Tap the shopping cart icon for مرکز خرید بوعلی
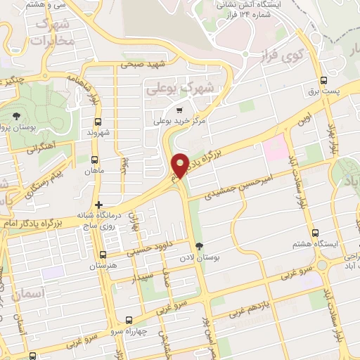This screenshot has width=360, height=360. pyautogui.click(x=179, y=110)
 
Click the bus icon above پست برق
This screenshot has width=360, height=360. pyautogui.click(x=323, y=80)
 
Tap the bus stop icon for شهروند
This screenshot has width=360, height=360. pyautogui.click(x=97, y=121)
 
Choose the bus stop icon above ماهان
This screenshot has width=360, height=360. pyautogui.click(x=95, y=159)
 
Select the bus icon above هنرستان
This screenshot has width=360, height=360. pyautogui.click(x=103, y=255)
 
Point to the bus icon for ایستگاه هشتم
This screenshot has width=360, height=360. pyautogui.click(x=314, y=233)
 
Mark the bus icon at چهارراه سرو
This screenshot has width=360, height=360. pyautogui.click(x=128, y=319)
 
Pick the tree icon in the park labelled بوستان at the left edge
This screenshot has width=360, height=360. pyautogui.click(x=15, y=116)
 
